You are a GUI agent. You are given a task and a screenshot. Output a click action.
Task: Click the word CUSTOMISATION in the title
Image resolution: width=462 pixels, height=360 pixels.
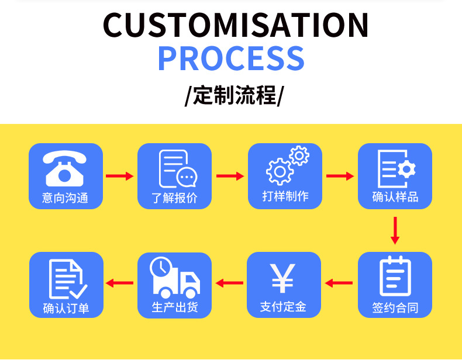point(236,25)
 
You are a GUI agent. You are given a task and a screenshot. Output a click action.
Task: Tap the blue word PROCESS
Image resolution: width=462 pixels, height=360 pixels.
point(232,58)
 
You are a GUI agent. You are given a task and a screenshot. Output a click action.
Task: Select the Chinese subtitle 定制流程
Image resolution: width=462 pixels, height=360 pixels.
point(235,95)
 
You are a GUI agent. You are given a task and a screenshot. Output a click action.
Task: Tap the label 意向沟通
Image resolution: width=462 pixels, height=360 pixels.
point(65,198)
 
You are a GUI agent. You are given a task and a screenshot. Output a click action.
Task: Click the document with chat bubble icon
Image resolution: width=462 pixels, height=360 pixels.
point(178,169)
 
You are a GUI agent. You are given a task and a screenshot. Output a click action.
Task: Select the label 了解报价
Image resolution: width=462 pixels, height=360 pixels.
point(174,198)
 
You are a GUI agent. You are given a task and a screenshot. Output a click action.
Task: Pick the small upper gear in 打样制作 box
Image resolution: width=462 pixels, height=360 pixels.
point(299,155)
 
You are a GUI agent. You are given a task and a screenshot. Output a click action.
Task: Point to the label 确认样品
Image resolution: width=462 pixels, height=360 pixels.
point(395,196)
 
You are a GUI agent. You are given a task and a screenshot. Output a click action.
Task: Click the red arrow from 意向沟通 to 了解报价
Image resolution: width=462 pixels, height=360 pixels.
point(120,176)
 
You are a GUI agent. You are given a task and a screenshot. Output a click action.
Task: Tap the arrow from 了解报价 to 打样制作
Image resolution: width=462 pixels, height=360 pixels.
point(230,176)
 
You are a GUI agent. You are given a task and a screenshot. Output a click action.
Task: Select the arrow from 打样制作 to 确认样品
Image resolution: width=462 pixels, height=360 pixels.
point(340,176)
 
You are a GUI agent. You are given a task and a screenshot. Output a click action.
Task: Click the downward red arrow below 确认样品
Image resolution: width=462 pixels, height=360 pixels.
point(395,230)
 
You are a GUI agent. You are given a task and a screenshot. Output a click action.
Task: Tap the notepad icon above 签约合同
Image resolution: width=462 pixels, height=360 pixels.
point(395,276)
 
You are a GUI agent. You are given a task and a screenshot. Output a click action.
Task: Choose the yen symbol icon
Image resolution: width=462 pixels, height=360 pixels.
point(282,278)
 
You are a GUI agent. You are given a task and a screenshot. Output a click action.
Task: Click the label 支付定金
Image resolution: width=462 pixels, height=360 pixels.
point(283,307)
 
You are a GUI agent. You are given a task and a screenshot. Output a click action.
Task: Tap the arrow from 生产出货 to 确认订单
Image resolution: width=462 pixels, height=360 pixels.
point(119,283)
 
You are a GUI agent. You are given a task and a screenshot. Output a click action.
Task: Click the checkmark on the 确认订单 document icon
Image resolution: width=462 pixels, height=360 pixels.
point(78,292)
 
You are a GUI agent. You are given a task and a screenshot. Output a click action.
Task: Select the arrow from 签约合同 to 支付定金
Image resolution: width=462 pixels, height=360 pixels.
point(339,283)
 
